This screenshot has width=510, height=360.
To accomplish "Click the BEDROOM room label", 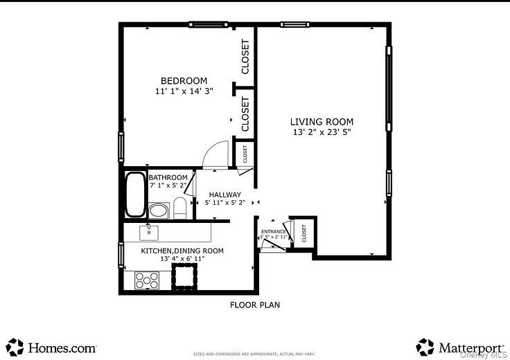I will point(184,81).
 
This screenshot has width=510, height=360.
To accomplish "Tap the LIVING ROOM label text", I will point(321,122).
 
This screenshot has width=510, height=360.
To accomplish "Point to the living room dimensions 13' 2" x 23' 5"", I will point(321,132).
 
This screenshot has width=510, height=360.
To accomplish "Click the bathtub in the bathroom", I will point(134,195).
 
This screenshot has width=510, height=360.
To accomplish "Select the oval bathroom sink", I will point(159,210).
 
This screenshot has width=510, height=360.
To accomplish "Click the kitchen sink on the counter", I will point(149,231).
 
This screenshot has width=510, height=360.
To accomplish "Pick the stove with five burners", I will point(146,280).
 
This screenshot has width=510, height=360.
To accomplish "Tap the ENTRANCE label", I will point(274,232).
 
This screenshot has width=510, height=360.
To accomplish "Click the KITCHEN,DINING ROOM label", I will point(182,251).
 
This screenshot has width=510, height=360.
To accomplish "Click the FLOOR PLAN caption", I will point(255,305).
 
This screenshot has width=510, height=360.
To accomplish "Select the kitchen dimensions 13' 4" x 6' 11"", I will point(182,259).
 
